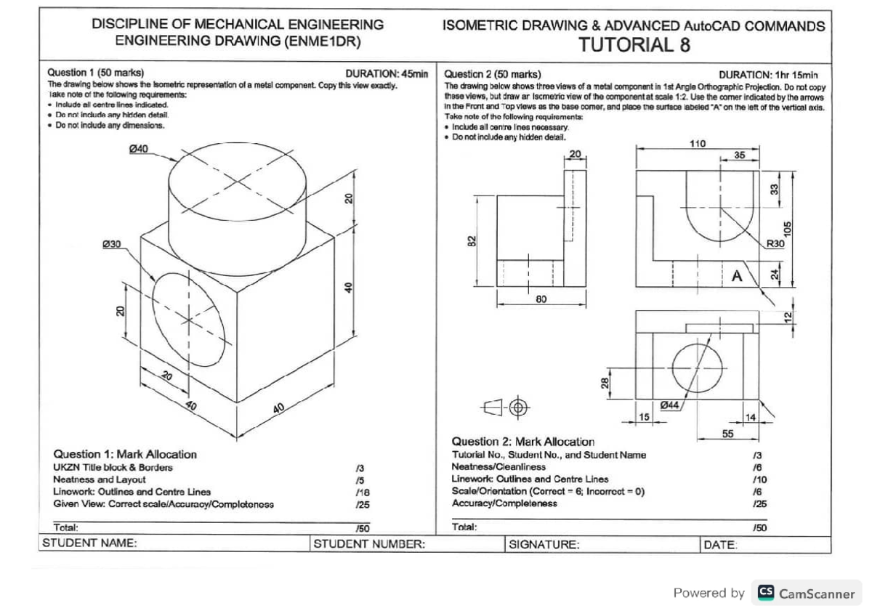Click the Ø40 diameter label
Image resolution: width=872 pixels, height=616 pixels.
[x=138, y=149]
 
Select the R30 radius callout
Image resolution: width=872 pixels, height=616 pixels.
[x=775, y=244]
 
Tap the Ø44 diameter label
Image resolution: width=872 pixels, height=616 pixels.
[x=671, y=405]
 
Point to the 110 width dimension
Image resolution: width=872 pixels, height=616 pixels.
[x=697, y=144]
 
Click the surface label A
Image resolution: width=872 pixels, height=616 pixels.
[x=738, y=276]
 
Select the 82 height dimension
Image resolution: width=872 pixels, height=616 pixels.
[x=472, y=240]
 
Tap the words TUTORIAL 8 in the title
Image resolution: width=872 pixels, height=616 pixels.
[x=634, y=46]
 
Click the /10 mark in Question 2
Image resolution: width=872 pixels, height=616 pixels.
[x=759, y=479]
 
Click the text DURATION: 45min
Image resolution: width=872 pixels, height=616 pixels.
[x=387, y=73]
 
